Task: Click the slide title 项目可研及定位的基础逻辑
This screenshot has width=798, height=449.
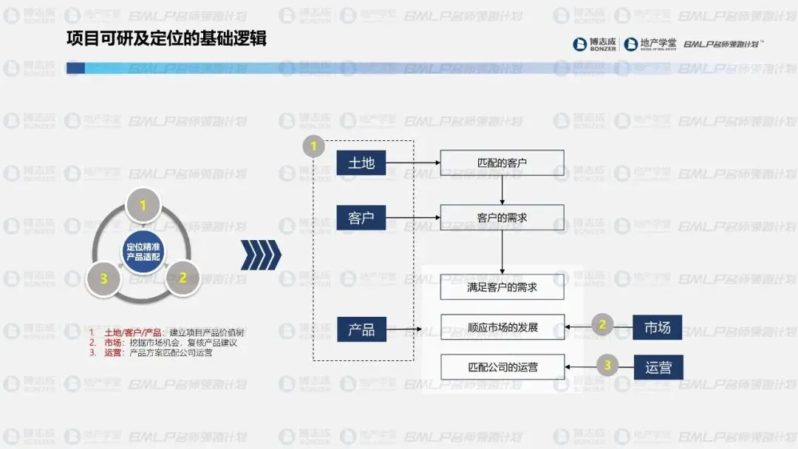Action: [166, 39]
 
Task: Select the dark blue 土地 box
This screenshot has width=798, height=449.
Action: [361, 162]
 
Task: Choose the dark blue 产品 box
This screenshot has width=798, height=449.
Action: [361, 329]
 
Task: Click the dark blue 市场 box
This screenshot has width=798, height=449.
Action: [657, 327]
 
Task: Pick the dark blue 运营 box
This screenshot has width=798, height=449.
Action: [657, 367]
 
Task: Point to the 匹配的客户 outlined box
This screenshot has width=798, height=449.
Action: [502, 162]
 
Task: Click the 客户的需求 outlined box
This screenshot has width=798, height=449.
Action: [502, 218]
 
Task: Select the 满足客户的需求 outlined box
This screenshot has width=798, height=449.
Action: [502, 287]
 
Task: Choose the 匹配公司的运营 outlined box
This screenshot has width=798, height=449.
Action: [502, 367]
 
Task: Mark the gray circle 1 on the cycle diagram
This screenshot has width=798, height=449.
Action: [143, 205]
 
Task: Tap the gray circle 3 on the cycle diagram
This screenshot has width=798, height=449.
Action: [104, 278]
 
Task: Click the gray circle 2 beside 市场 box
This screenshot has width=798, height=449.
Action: [602, 324]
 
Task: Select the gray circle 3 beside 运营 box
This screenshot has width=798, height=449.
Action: [607, 364]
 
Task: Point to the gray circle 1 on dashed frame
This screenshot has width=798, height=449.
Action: [313, 146]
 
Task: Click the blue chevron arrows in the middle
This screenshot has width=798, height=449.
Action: [261, 255]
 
